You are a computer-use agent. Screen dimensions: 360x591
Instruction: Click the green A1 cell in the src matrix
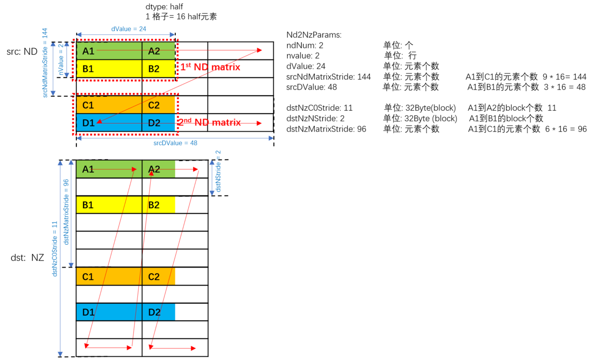pyautogui.click(x=108, y=51)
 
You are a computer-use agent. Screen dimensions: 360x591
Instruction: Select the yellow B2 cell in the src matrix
pyautogui.click(x=159, y=68)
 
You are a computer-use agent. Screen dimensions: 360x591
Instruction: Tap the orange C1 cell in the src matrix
pyautogui.click(x=108, y=104)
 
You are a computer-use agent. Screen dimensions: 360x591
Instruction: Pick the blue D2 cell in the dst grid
pyautogui.click(x=159, y=313)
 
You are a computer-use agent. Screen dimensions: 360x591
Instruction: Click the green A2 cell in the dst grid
pyautogui.click(x=159, y=169)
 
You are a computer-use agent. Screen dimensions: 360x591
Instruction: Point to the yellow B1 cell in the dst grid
pyautogui.click(x=108, y=205)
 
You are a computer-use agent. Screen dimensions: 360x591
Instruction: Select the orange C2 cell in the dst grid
pyautogui.click(x=159, y=277)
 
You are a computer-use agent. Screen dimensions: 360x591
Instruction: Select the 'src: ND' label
pyautogui.click(x=22, y=51)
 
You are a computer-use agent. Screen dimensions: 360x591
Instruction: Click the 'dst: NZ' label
pyautogui.click(x=28, y=257)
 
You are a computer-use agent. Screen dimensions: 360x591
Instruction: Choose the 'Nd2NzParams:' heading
pyautogui.click(x=314, y=35)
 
